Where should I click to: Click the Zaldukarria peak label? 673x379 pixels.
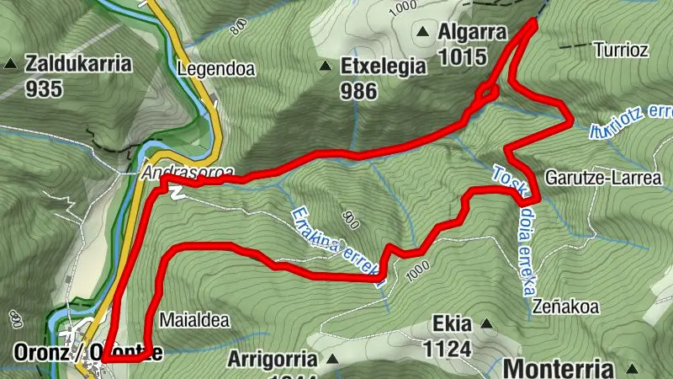[x=79, y=63]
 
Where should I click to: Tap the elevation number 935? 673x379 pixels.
[x=44, y=88]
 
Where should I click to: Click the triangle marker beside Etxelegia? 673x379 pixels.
[x=325, y=67]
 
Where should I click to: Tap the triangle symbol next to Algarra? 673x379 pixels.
[x=423, y=34]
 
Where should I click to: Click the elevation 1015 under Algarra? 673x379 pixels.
[x=463, y=57]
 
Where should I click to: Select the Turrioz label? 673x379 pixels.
[x=621, y=50]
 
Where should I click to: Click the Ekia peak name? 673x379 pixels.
[x=450, y=323]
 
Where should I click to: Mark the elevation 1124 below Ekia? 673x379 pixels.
[x=452, y=347]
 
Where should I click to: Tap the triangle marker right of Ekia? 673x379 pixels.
[x=485, y=323]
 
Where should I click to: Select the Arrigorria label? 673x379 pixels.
[x=272, y=359]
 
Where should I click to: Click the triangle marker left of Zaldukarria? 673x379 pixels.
[x=11, y=63]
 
